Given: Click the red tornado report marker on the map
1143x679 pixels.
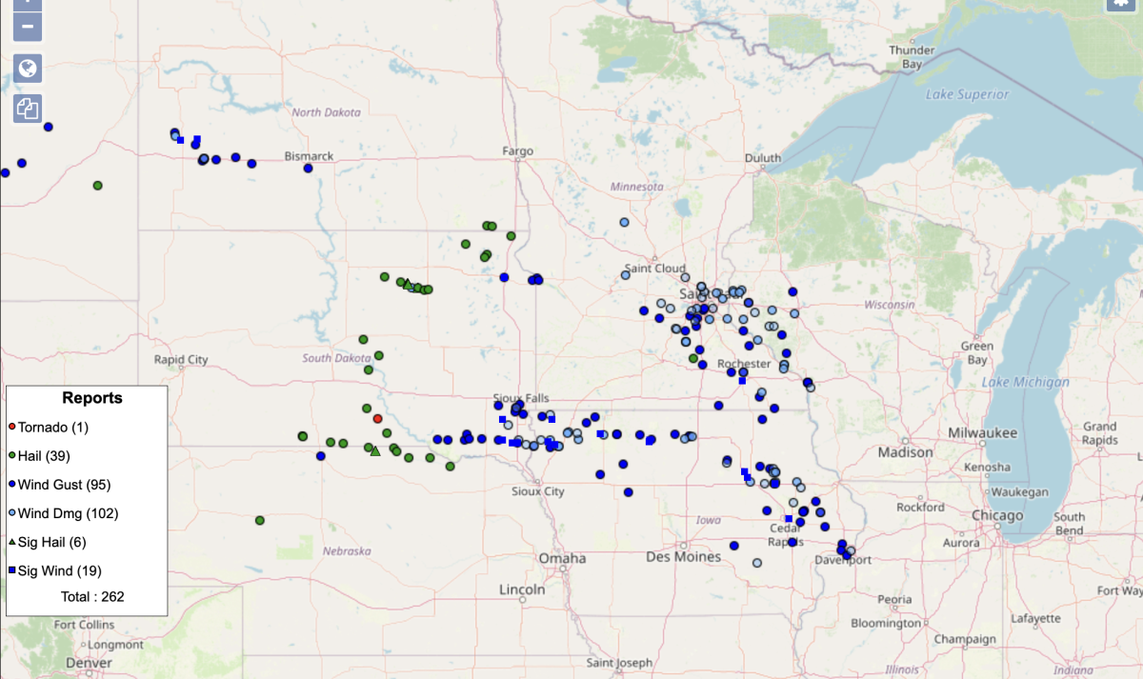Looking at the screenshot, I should tap(377, 418).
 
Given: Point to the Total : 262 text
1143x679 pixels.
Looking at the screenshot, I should tap(92, 597).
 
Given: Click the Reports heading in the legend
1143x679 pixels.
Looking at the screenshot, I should tap(92, 398).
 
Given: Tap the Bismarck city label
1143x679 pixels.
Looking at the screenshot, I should tap(309, 155).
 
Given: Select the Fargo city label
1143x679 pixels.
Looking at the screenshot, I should tap(518, 151).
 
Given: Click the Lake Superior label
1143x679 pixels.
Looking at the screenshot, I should tap(967, 94).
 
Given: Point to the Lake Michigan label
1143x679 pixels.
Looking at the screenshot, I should tap(1026, 382).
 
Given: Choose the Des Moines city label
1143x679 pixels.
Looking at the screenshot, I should tap(683, 556).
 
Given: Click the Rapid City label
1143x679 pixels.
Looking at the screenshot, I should tap(181, 360).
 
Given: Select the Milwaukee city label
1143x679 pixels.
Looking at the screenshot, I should tap(980, 431).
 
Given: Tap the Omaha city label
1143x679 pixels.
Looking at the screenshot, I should tap(562, 558).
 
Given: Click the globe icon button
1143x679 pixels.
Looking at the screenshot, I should tap(28, 68).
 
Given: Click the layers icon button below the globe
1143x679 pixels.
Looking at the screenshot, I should tap(28, 109).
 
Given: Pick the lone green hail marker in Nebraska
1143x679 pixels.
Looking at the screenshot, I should tap(260, 520).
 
